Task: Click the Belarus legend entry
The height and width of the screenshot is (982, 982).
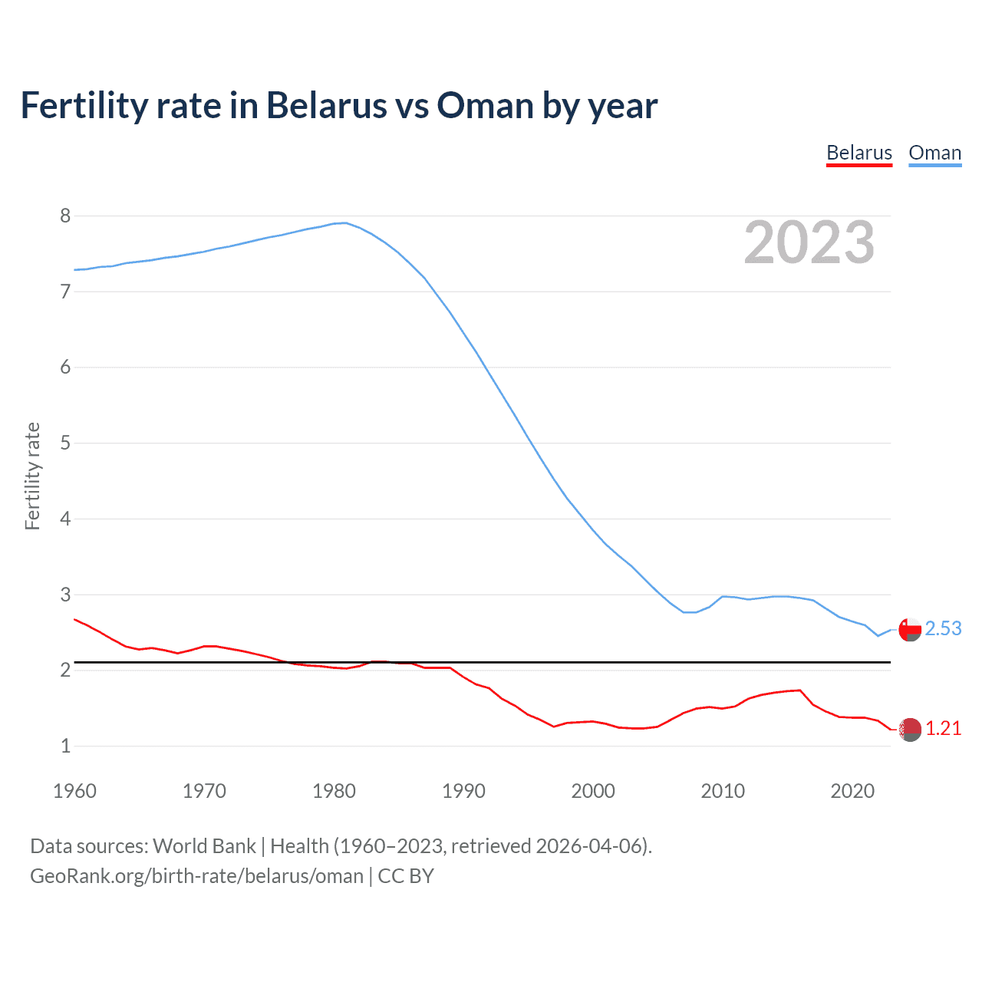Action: point(859,153)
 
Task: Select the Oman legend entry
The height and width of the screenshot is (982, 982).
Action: point(934,153)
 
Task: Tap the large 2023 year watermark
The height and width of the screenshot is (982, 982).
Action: point(809,242)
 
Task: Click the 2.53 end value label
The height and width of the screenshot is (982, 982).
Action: point(943,628)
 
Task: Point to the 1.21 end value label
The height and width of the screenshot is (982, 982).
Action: point(943,728)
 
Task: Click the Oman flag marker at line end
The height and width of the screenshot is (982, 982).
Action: point(910,630)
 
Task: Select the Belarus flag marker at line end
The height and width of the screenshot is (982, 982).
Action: point(910,730)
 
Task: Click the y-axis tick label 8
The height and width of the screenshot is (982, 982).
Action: point(65,216)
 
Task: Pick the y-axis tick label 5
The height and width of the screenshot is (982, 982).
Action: point(65,443)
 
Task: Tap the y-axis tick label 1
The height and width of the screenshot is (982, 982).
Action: point(65,746)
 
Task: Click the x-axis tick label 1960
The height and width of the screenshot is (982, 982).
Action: point(74,791)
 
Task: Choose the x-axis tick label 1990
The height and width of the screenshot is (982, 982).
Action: point(463,791)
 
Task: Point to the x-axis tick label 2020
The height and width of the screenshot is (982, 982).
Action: point(852,791)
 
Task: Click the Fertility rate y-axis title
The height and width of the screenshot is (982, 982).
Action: point(32,476)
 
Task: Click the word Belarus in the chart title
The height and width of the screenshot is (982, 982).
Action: point(326,106)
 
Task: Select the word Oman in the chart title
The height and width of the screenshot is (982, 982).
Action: point(485,106)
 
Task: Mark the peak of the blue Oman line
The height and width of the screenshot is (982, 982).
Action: point(344,222)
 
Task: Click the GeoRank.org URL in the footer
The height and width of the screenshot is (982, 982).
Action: point(196,876)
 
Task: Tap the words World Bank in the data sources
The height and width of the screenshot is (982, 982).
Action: point(204,846)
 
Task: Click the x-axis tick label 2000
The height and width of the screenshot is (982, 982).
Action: point(593,791)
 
